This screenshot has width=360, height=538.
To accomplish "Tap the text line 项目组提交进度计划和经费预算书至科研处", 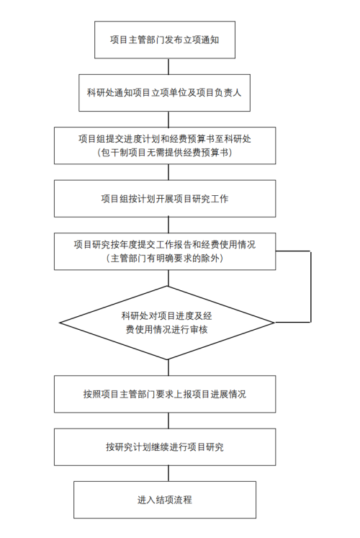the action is click(165, 139).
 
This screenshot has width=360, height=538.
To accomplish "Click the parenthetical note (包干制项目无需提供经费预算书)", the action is click(165, 153).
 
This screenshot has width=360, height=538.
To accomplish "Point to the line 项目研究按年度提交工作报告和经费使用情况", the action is click(165, 245).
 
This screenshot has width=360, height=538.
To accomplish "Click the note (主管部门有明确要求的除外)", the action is click(165, 258).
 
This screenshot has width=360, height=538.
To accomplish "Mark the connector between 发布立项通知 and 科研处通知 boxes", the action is click(168, 66).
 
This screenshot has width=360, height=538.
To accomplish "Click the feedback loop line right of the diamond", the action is click(310, 287).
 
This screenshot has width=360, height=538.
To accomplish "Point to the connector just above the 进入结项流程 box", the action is click(168, 473).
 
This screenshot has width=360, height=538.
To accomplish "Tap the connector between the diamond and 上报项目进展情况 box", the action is click(168, 367).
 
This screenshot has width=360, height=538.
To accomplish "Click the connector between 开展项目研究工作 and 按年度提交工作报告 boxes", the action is click(168, 225).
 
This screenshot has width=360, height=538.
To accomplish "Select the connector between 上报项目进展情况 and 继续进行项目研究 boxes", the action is click(168, 421).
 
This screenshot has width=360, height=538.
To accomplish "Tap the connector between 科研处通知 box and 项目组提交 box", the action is click(168, 119).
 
